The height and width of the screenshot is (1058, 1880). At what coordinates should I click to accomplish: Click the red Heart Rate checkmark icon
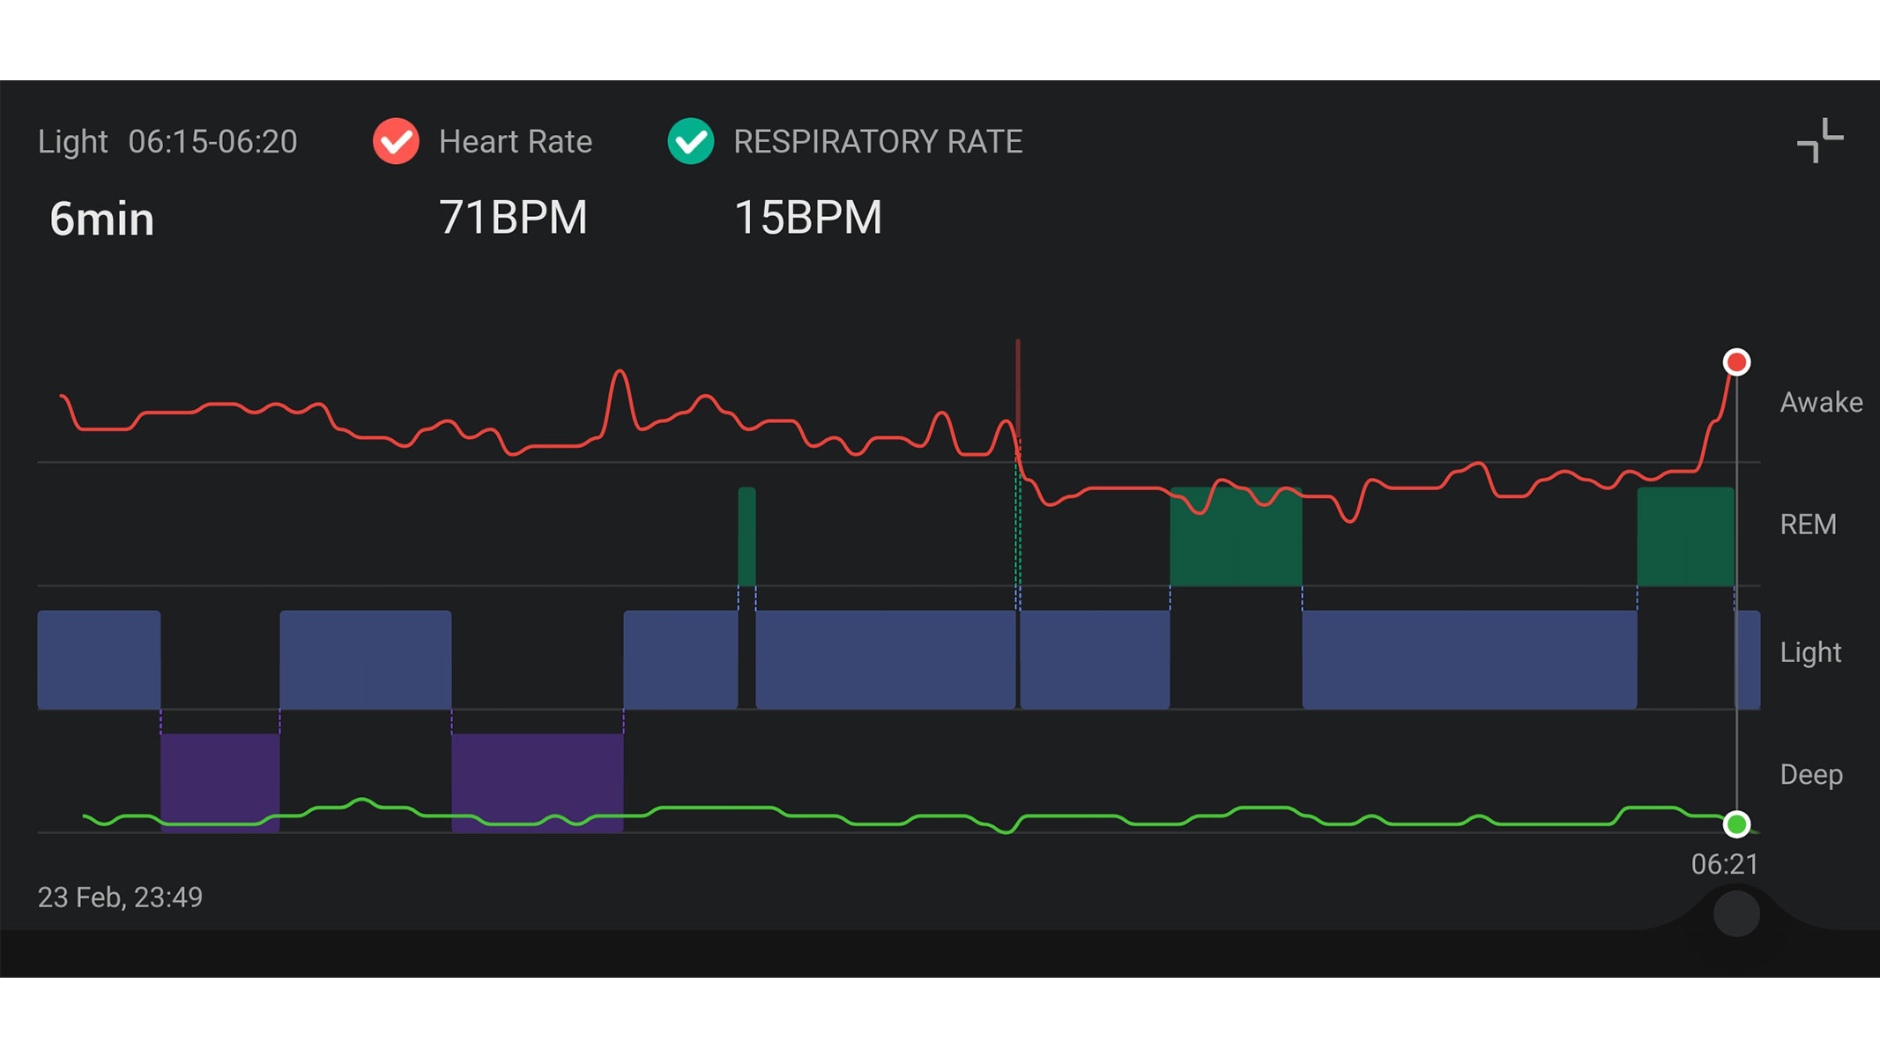[x=396, y=141]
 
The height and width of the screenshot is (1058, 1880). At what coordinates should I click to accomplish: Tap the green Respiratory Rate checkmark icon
[x=690, y=141]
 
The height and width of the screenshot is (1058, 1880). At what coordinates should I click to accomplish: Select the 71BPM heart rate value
[x=513, y=218]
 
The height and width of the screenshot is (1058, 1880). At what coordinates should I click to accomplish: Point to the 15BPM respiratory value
[x=807, y=218]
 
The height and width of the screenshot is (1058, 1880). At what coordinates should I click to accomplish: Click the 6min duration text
[x=102, y=220]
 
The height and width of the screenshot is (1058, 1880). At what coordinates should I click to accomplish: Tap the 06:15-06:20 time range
[x=212, y=142]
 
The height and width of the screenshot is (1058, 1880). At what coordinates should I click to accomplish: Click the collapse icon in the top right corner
[x=1819, y=141]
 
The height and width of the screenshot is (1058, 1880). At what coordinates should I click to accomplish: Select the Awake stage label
[x=1821, y=403]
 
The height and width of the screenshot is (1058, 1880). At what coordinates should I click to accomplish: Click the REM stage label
[x=1808, y=525]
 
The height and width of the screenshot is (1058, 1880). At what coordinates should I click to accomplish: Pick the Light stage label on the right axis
[x=1810, y=652]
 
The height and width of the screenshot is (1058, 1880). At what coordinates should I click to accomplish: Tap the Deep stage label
[x=1811, y=775]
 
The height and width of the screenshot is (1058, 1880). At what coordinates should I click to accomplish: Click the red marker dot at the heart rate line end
[x=1736, y=362]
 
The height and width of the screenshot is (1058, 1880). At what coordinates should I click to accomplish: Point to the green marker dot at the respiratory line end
[x=1736, y=824]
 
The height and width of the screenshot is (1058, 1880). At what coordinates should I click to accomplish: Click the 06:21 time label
[x=1724, y=865]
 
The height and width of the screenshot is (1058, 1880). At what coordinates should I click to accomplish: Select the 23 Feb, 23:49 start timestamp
[x=120, y=898]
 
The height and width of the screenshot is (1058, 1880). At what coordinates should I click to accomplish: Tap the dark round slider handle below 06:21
[x=1736, y=914]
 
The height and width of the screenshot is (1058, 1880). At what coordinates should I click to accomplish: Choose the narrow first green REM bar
[x=747, y=536]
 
